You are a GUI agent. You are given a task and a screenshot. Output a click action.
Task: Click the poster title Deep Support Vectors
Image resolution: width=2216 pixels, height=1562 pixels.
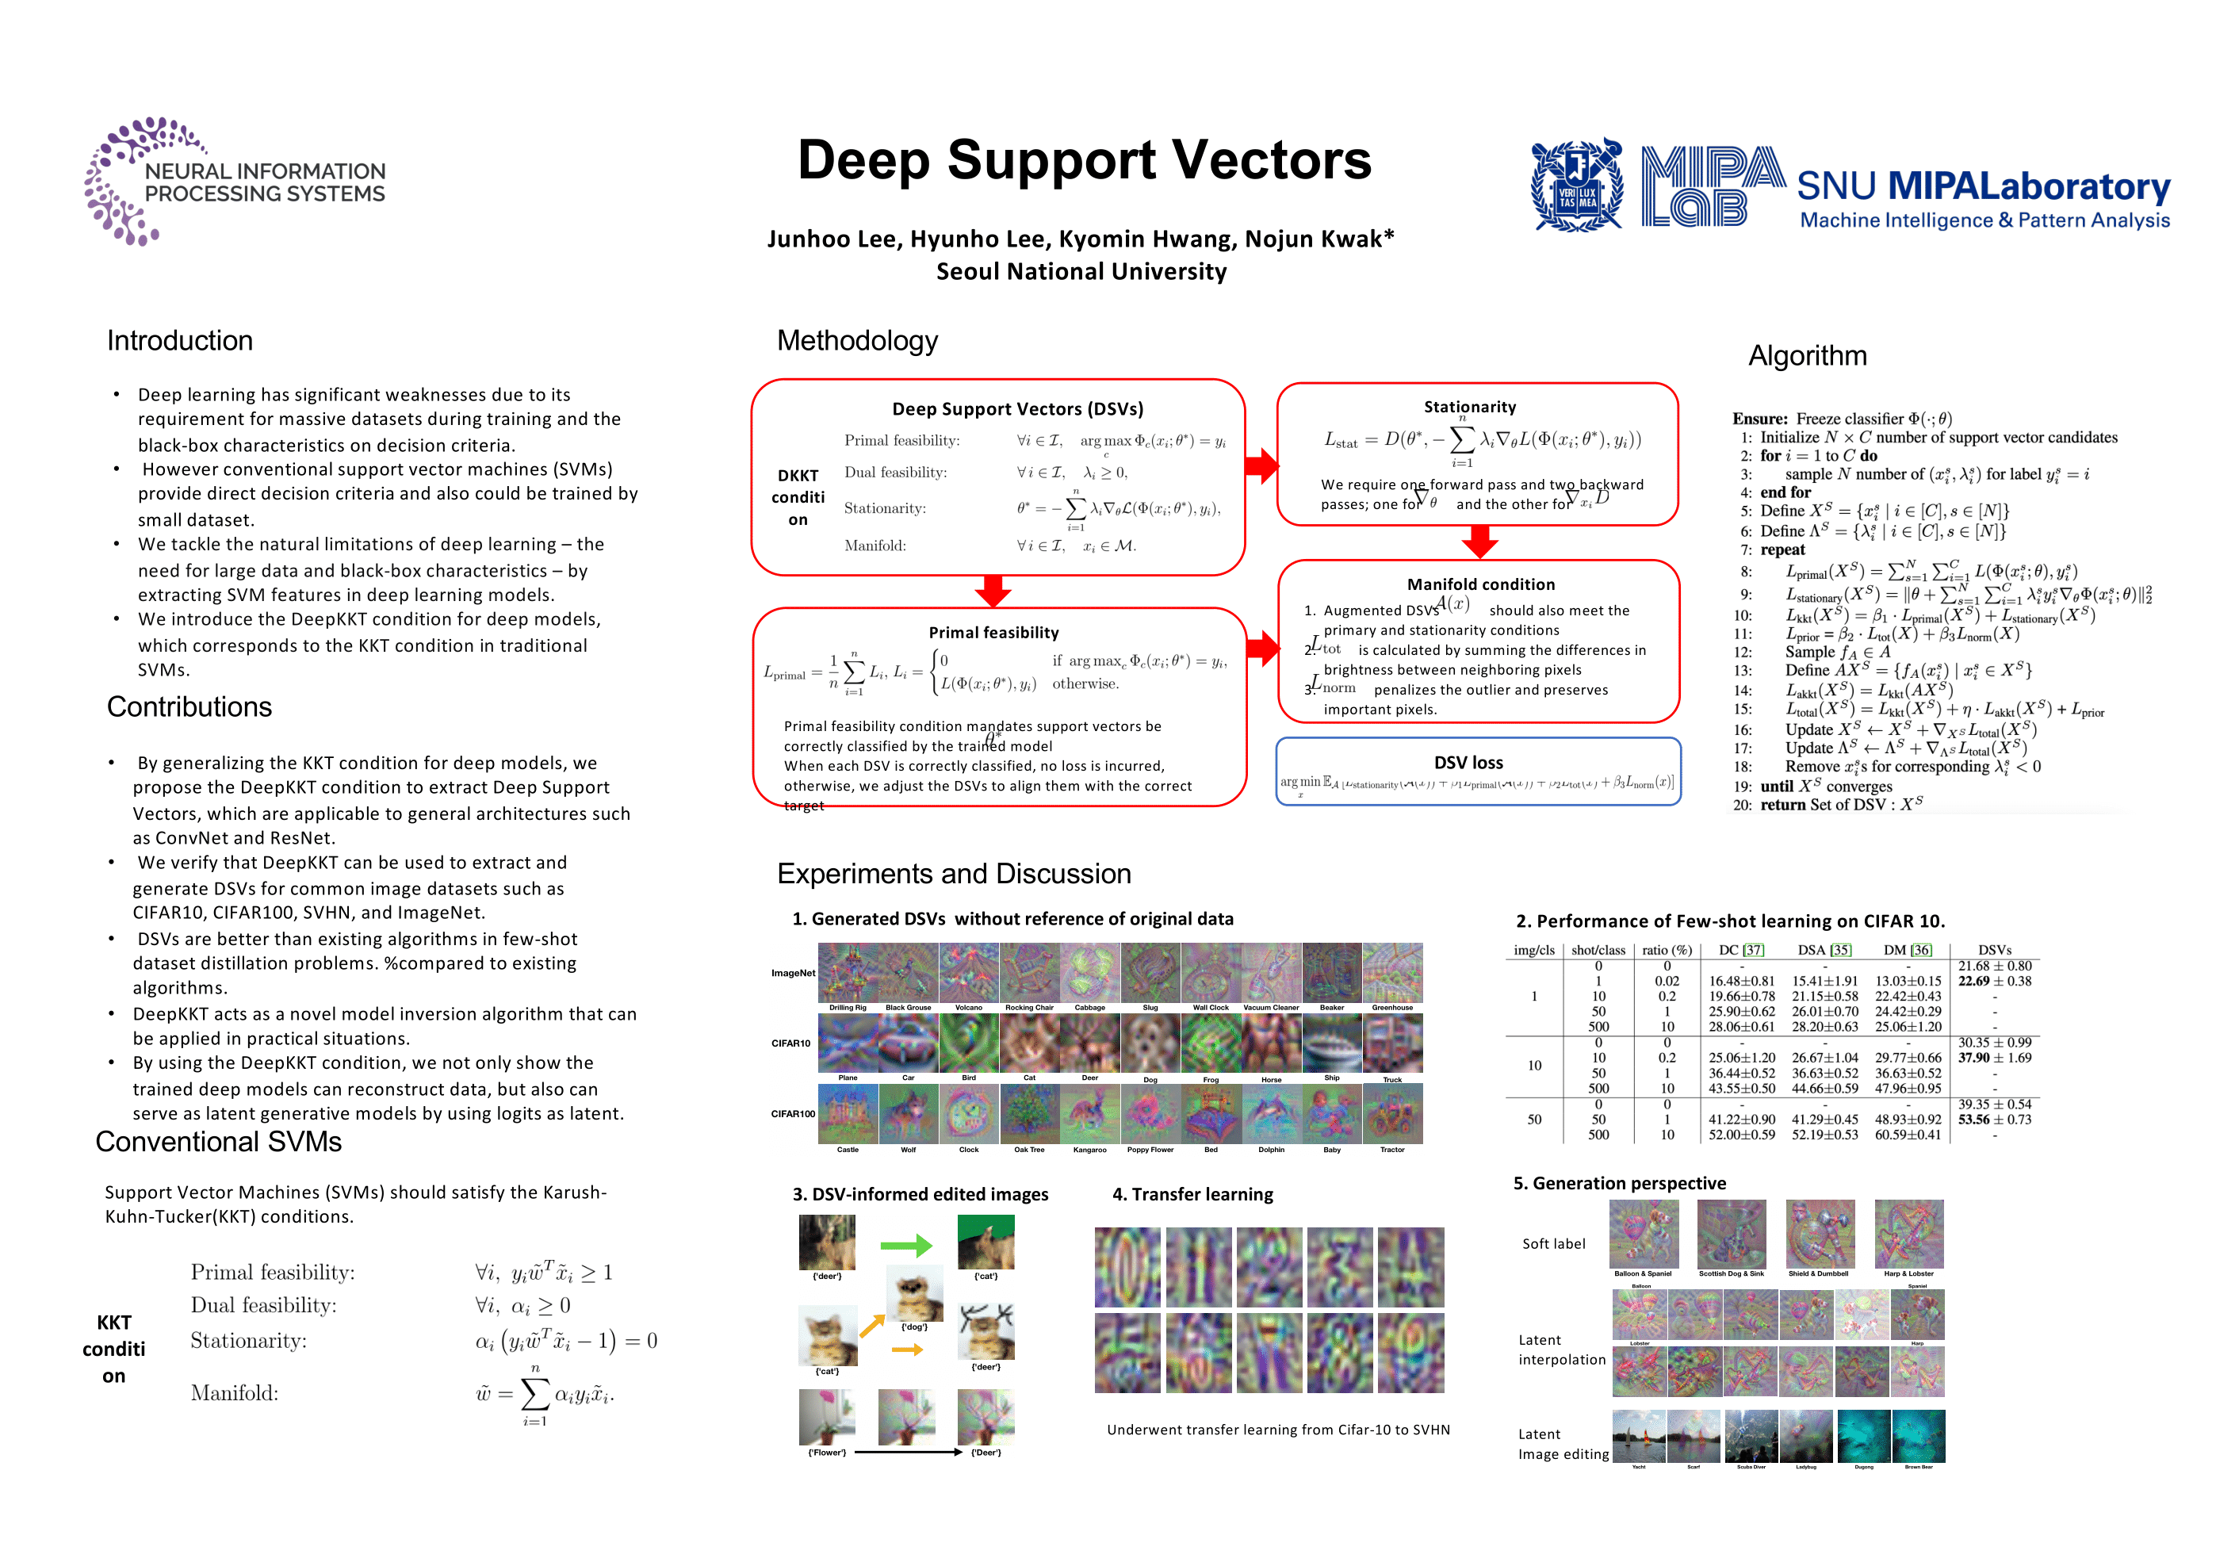click(1084, 160)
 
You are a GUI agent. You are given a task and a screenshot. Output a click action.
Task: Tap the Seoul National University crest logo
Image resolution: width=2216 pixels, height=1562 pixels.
click(1577, 186)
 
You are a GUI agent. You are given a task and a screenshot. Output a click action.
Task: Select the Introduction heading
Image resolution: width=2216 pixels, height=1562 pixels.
click(179, 341)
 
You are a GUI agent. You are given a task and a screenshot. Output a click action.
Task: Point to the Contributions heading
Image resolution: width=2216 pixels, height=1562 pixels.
click(189, 706)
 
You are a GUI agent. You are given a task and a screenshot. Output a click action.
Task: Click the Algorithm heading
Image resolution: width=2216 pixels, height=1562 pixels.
click(1807, 356)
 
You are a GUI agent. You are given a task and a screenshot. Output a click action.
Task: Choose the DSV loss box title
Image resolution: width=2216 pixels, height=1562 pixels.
click(1468, 763)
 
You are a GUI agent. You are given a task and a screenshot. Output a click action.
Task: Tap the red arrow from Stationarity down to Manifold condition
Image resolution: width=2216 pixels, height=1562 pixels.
click(1479, 542)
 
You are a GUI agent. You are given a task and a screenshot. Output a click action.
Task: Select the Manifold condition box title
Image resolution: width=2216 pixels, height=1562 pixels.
click(1480, 584)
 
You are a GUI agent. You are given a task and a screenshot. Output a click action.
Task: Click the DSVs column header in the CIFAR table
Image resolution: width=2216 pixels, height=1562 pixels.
click(1994, 950)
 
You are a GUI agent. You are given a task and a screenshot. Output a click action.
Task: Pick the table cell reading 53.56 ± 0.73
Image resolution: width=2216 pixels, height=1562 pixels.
click(1994, 1120)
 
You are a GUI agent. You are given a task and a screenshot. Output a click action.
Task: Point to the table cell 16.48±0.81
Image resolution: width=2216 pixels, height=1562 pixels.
click(1741, 981)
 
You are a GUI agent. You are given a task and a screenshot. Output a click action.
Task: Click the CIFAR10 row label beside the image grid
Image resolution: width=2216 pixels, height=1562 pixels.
click(790, 1043)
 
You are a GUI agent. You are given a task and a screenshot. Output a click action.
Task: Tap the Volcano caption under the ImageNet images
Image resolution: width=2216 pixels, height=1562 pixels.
click(968, 1008)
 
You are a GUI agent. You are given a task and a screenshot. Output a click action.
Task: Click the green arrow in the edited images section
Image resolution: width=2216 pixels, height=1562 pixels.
click(905, 1246)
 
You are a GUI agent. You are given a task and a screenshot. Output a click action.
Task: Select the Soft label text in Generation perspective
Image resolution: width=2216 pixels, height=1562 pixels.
click(1553, 1243)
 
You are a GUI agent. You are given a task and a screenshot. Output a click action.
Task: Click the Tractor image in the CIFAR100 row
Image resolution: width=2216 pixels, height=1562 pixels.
click(1391, 1114)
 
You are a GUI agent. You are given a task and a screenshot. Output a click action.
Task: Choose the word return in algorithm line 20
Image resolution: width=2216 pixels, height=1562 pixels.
click(1782, 804)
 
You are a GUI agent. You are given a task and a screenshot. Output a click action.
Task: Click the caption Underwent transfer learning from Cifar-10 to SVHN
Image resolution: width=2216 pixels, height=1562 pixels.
click(1278, 1430)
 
